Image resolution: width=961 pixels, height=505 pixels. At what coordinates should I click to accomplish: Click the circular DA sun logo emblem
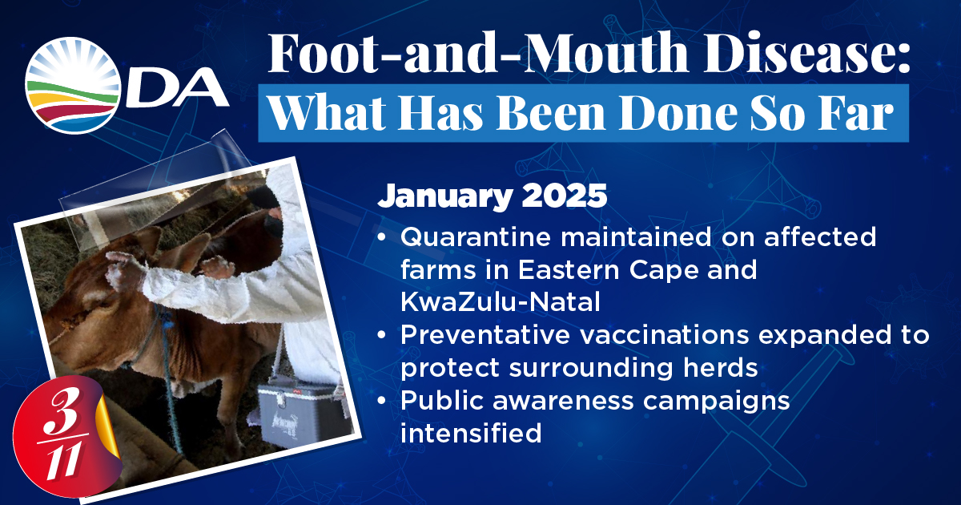[x=73, y=86]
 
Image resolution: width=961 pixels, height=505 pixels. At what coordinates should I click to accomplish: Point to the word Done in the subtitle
[x=678, y=112]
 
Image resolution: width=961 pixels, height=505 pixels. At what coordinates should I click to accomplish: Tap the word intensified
[x=471, y=433]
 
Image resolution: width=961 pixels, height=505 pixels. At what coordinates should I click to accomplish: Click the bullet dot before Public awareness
[x=382, y=401]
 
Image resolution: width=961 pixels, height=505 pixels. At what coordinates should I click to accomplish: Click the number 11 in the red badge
[x=63, y=462]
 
